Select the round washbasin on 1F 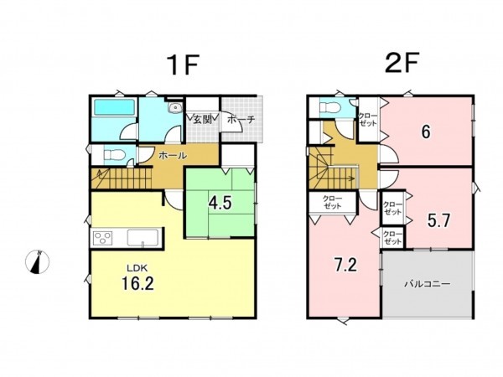173,109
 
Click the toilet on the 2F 331,110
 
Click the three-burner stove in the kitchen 104,237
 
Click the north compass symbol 35,261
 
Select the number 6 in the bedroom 426,132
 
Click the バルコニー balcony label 428,284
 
